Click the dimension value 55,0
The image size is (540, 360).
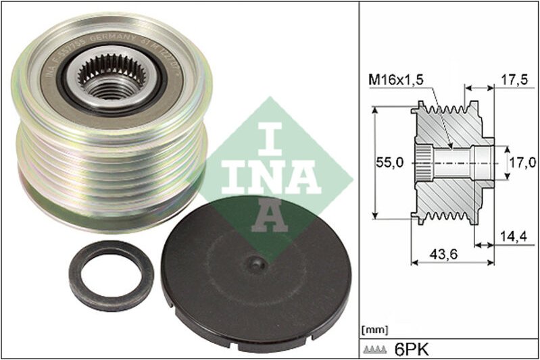[389, 162]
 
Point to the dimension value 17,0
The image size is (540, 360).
[522, 162]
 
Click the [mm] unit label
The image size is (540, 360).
[375, 330]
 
